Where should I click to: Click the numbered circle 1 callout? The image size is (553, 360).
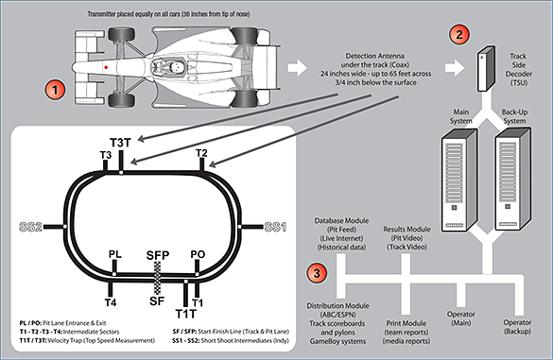[x=56, y=92]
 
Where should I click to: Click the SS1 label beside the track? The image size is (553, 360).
[x=274, y=228]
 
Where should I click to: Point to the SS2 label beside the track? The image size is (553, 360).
[x=31, y=228]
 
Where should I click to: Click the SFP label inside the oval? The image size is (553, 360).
[x=156, y=254]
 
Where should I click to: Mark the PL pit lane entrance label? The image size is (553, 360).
[x=114, y=254]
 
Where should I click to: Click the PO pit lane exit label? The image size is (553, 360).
[x=197, y=254]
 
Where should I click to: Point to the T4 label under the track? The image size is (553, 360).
[x=110, y=302]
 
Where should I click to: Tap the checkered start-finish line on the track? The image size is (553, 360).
[x=158, y=280]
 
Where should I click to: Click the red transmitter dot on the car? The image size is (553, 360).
[x=106, y=68]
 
